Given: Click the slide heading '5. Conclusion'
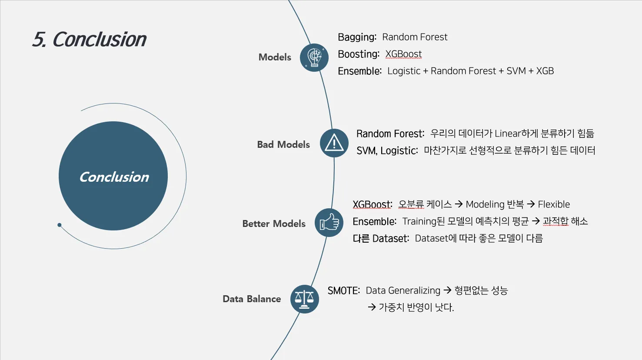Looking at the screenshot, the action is tap(89, 39).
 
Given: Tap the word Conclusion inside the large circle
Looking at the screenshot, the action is tap(114, 177).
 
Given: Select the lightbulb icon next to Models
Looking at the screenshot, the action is tap(314, 57).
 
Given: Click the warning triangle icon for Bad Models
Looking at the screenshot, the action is tap(334, 143).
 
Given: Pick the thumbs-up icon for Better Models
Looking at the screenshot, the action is tap(329, 223).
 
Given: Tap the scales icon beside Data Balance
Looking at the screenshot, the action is tap(304, 299).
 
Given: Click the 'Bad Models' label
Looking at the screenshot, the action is tap(283, 144).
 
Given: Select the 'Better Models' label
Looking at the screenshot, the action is tap(274, 223).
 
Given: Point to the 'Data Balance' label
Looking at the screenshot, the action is tap(252, 299).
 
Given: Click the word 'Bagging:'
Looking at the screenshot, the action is tap(357, 37).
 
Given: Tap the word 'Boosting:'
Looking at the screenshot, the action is tap(359, 54).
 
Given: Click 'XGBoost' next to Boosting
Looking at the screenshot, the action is tap(403, 54).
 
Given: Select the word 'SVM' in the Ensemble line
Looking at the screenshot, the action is tap(516, 71).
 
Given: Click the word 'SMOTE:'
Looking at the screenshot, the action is tap(344, 290).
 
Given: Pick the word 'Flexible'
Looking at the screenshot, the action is tap(554, 204).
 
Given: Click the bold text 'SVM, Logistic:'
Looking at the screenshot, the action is tap(387, 150).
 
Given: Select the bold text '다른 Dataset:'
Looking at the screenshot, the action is tap(381, 238).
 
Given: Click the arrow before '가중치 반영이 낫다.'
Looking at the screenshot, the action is tap(372, 307).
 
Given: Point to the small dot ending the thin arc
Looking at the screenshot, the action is tap(59, 225).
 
